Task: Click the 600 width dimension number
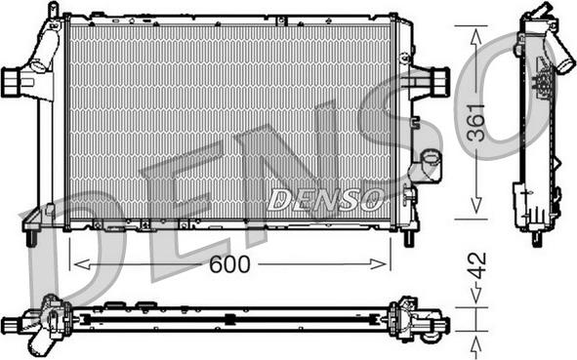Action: (x=229, y=264)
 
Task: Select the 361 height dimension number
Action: (x=476, y=123)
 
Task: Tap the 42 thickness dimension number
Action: (x=476, y=265)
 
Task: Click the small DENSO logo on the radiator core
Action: (x=325, y=199)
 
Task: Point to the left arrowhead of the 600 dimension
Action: (x=82, y=264)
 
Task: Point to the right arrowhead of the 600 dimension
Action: (x=378, y=264)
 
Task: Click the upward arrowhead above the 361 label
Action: (x=476, y=37)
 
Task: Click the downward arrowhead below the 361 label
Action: (x=476, y=205)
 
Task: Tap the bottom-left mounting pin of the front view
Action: (x=31, y=238)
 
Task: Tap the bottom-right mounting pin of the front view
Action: (x=409, y=239)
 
